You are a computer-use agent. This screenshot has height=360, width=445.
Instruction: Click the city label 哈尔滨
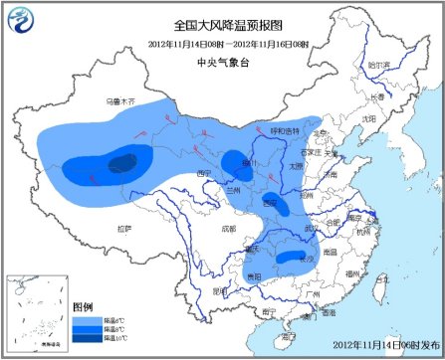click(x=378, y=64)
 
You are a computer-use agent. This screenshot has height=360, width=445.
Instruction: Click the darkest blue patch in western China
click(x=122, y=162)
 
